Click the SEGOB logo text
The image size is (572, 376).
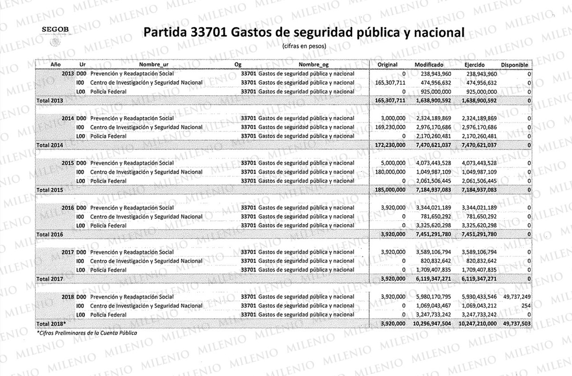click(x=55, y=30)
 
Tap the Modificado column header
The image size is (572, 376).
click(x=429, y=64)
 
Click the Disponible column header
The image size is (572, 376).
click(x=514, y=64)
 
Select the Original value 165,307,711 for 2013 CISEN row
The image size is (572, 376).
click(x=388, y=83)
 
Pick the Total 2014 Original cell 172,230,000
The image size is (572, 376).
click(x=388, y=145)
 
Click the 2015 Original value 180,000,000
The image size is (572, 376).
click(x=388, y=172)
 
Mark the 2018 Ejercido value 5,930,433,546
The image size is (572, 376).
click(x=480, y=297)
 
